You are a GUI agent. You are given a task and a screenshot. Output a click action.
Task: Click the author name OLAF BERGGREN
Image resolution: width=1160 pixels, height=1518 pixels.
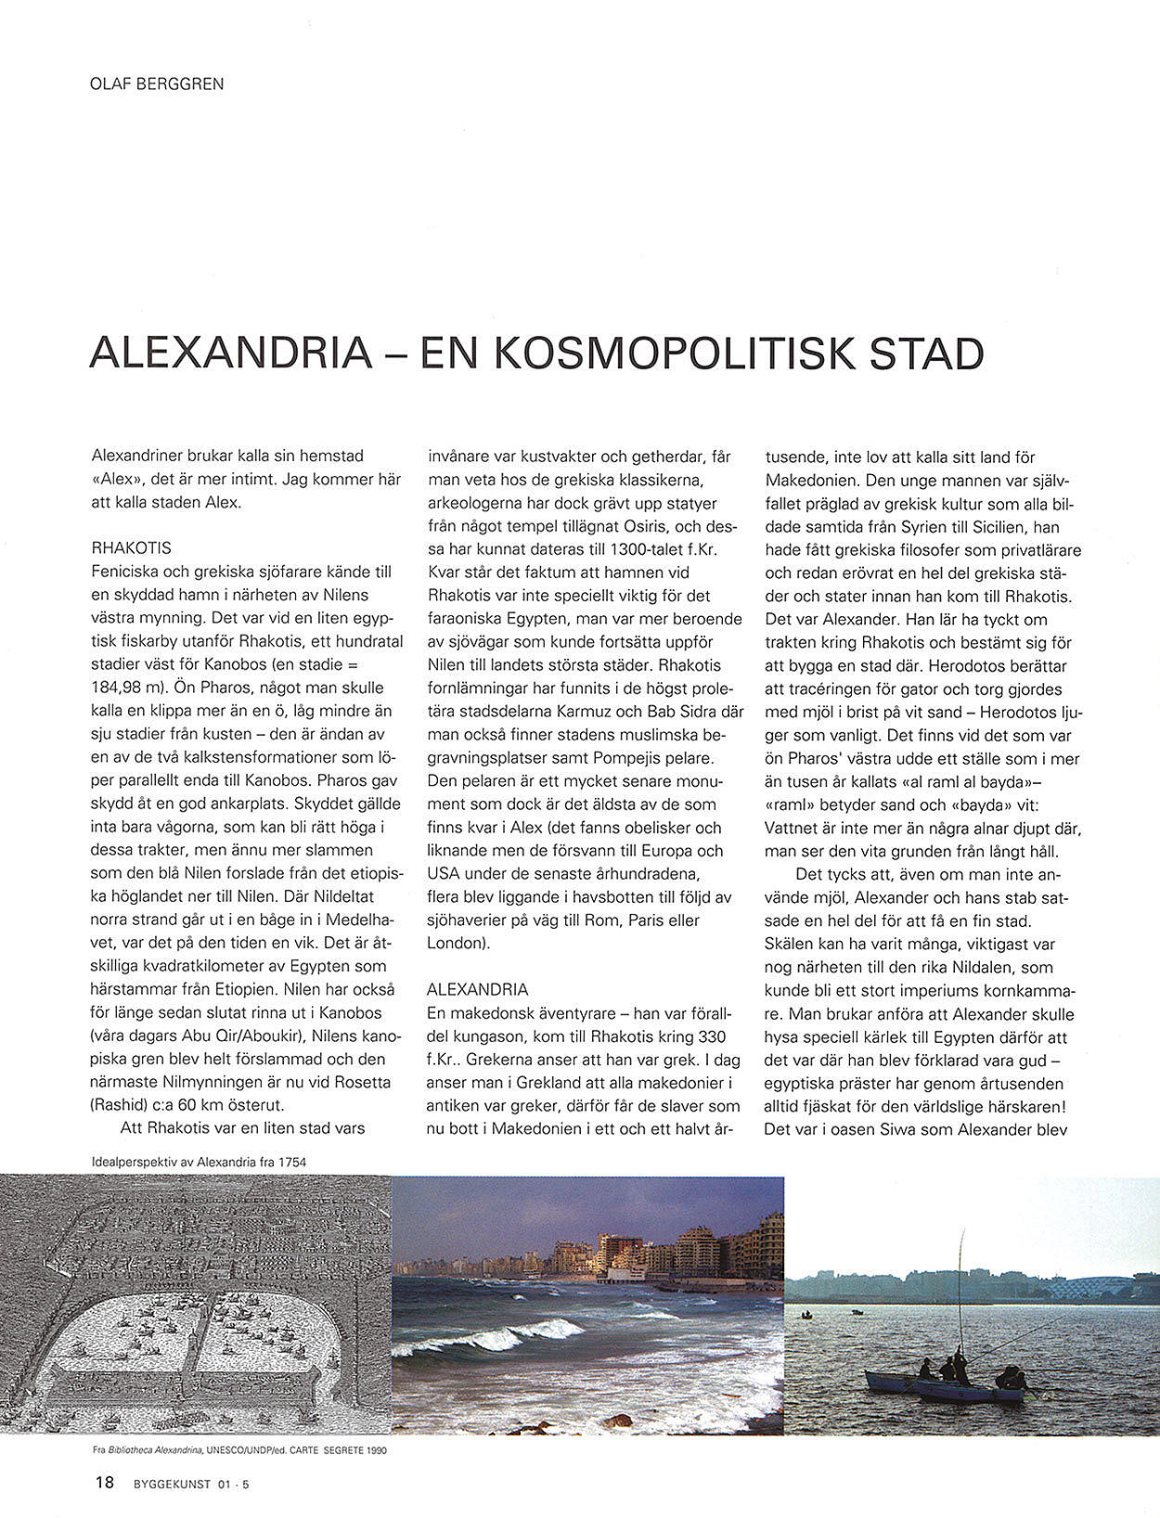tap(157, 84)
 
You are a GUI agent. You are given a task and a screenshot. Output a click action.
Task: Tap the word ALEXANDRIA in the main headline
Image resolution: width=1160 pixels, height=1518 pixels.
tap(230, 354)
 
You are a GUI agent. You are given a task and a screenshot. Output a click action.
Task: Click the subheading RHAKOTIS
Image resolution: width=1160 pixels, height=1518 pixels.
tap(131, 548)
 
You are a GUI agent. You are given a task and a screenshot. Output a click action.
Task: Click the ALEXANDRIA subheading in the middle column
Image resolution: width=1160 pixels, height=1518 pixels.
tap(477, 989)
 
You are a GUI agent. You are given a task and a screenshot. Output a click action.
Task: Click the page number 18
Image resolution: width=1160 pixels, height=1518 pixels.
tap(104, 1483)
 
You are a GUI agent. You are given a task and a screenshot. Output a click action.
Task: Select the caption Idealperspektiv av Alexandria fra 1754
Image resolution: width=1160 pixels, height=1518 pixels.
tap(200, 1161)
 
